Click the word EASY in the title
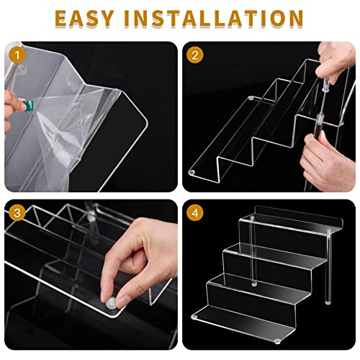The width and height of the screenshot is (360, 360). click(92, 17)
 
